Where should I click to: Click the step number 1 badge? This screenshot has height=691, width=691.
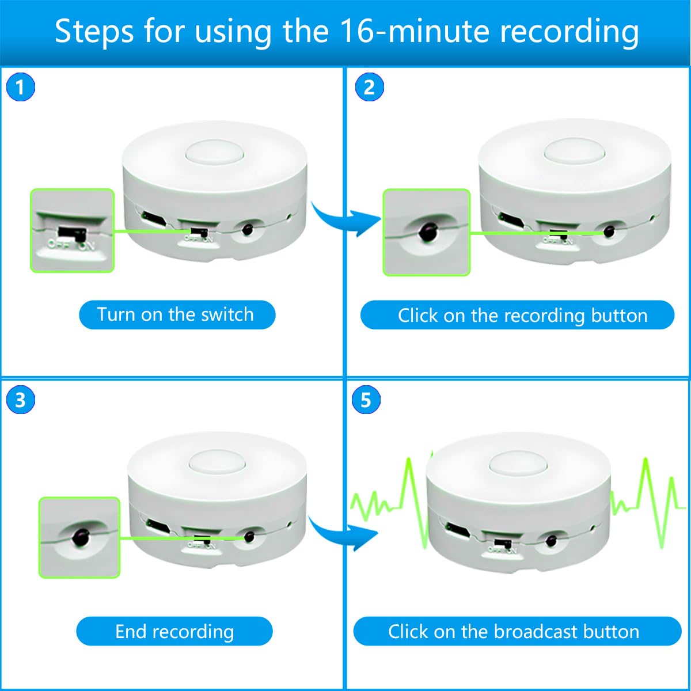21,88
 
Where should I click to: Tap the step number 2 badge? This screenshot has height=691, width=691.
369,88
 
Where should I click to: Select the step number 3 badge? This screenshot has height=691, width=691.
21,400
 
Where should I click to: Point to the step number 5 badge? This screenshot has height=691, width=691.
366,400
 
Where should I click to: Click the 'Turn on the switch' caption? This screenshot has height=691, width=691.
177,314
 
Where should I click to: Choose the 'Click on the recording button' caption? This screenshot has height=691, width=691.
517,315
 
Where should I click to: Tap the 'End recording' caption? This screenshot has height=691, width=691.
174,631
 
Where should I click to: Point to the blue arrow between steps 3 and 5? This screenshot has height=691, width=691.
343,533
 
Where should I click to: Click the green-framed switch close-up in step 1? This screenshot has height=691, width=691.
73,230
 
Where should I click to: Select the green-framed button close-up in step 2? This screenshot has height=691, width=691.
427,232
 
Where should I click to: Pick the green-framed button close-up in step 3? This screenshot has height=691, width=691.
79,537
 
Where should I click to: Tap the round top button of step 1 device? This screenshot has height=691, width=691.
215,154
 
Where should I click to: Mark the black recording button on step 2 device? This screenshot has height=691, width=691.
609,231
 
